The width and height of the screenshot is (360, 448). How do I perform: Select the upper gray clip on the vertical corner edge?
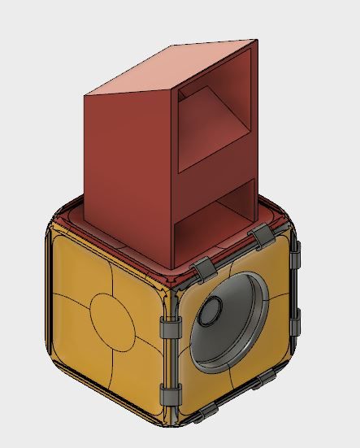170,328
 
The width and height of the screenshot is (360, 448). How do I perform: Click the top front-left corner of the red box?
85,96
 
